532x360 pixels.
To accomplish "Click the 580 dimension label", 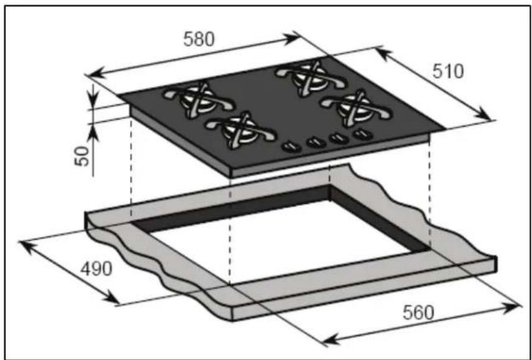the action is click(199, 39).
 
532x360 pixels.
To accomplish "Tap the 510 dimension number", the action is click(448, 72).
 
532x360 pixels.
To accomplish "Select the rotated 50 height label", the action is click(83, 157).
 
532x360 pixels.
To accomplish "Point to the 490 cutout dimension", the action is click(96, 269).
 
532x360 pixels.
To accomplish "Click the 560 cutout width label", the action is click(418, 313).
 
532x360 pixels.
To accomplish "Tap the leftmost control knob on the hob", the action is click(291, 147).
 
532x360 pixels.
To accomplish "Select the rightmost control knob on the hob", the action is click(363, 134).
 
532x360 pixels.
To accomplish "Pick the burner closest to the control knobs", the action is click(241, 130).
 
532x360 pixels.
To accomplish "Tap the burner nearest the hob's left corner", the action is click(198, 99).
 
